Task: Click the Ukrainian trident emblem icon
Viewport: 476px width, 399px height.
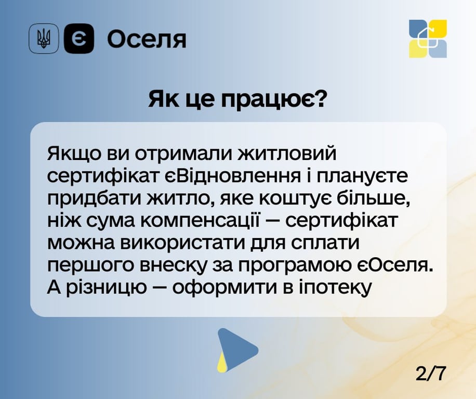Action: click(x=44, y=39)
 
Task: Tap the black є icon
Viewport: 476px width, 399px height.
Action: click(x=78, y=39)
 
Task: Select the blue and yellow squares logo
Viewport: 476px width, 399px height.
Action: click(x=428, y=38)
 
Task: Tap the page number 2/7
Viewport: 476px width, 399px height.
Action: click(x=431, y=373)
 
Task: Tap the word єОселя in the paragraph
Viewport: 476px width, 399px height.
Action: click(x=398, y=265)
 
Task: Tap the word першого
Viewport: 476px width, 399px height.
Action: click(x=87, y=265)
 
